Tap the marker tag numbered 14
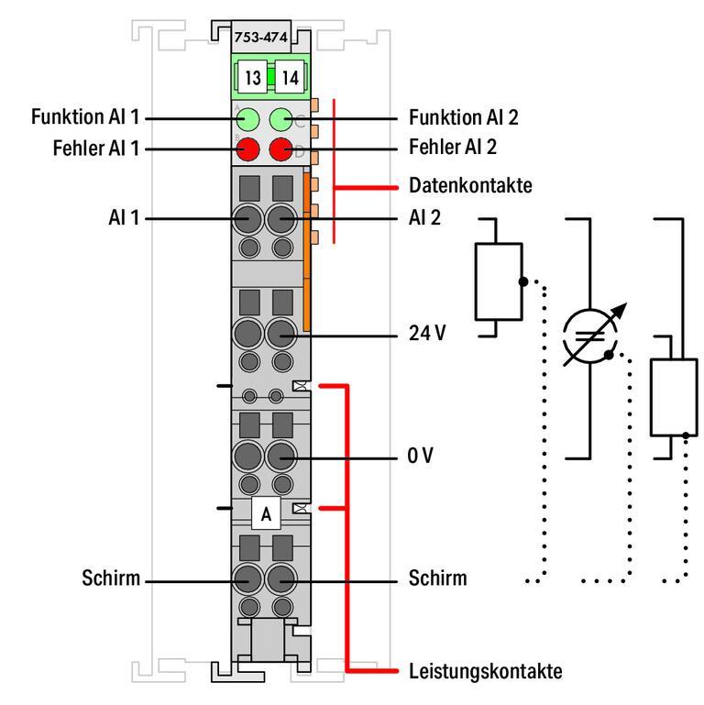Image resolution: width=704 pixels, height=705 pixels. click(290, 78)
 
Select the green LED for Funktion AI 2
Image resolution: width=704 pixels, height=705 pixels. click(281, 118)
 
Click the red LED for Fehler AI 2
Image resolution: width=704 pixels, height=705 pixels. click(281, 148)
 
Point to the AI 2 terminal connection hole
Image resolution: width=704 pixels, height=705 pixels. click(281, 219)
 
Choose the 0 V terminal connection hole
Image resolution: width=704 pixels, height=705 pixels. click(281, 456)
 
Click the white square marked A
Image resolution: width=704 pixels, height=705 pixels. click(266, 514)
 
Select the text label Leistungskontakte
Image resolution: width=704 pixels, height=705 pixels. click(485, 670)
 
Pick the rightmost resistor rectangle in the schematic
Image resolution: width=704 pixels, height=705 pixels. click(674, 397)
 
